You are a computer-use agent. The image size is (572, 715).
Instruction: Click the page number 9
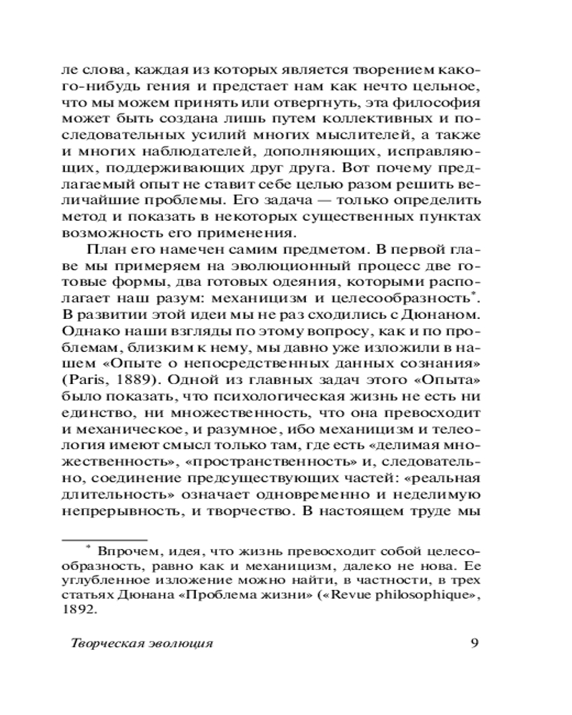tap(475, 641)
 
